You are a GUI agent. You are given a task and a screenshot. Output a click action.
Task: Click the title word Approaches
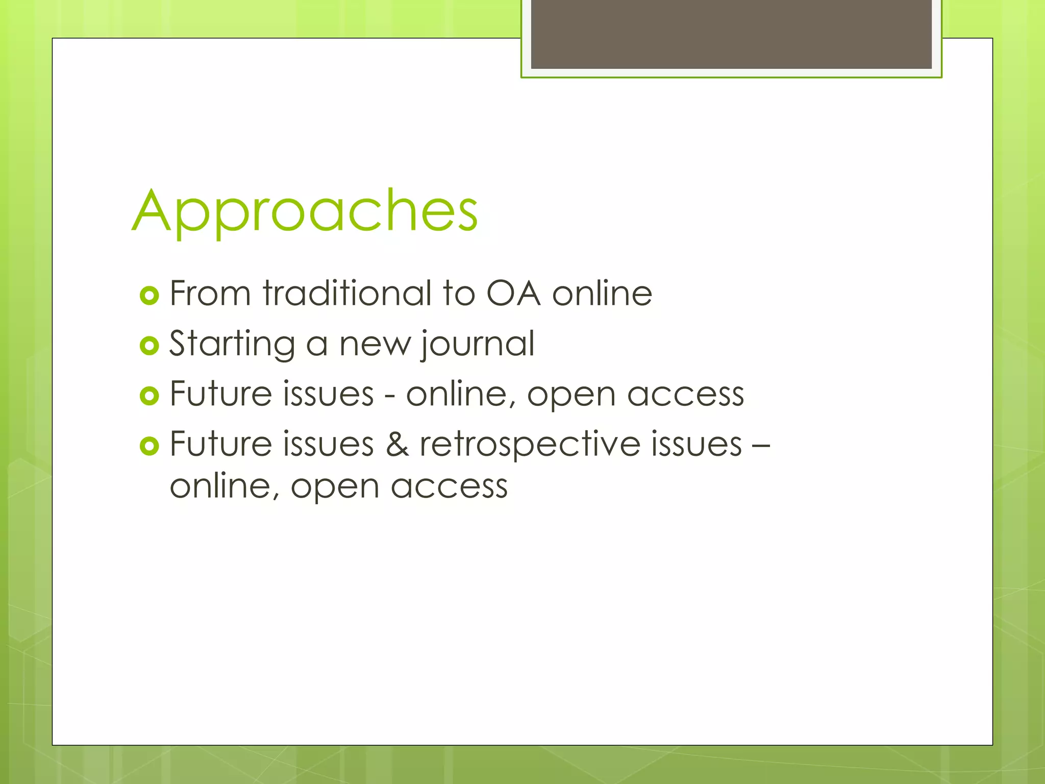click(305, 212)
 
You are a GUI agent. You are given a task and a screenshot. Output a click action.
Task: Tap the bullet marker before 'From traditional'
click(150, 296)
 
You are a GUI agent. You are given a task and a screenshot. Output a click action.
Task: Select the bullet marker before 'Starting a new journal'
click(150, 346)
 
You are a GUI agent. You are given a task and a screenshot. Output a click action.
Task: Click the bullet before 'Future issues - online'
click(150, 396)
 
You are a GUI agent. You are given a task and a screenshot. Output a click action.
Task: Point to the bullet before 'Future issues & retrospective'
click(150, 446)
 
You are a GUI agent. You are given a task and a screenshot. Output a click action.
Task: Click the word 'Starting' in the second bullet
click(232, 345)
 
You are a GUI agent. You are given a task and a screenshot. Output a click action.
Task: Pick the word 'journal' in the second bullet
click(477, 345)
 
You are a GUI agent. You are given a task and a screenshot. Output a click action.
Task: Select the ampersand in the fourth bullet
click(397, 444)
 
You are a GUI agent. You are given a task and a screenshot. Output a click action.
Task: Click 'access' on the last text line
click(449, 486)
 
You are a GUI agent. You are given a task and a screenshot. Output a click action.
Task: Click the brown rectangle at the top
click(731, 34)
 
